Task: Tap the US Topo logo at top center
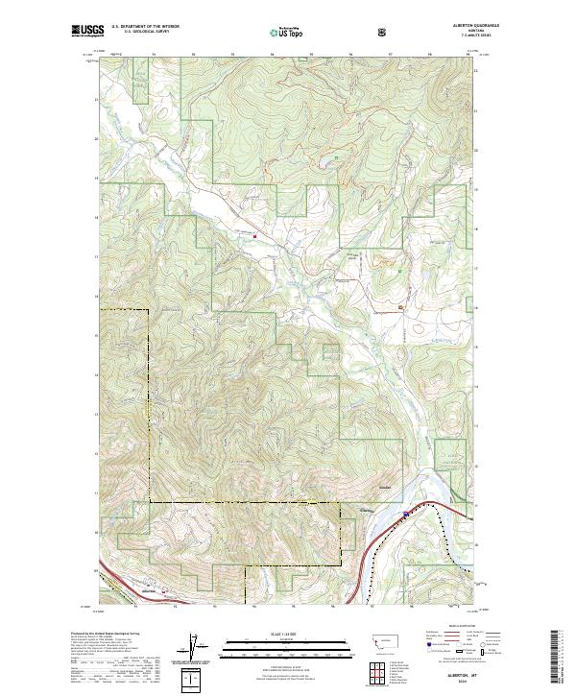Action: [x=287, y=33]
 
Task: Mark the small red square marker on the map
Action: [x=254, y=234]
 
